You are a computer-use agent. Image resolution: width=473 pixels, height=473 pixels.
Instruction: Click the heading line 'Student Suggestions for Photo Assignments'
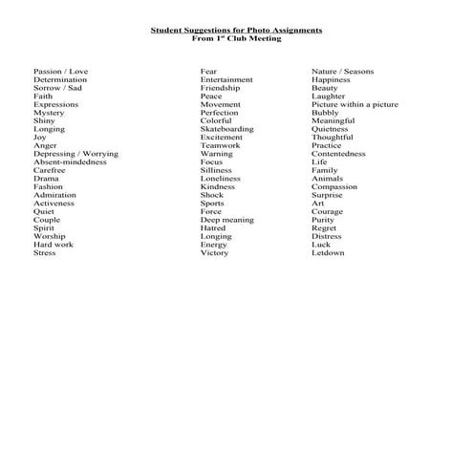[236, 31]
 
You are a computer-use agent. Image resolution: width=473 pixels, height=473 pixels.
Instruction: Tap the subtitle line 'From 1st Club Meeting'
[236, 39]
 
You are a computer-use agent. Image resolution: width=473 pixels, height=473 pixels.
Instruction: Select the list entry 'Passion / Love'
[60, 72]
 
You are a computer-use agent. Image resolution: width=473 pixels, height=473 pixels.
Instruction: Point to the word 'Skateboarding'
[227, 129]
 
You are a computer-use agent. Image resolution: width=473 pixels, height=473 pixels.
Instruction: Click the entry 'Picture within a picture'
[355, 104]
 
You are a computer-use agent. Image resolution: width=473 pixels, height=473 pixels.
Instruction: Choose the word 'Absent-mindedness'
[70, 162]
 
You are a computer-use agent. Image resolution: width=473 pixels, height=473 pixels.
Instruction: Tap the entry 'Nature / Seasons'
[342, 72]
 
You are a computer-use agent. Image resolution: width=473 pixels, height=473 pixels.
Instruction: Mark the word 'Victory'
[214, 253]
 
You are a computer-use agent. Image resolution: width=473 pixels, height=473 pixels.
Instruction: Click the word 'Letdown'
[328, 253]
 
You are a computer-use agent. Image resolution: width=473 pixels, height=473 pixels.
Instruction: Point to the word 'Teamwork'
[221, 145]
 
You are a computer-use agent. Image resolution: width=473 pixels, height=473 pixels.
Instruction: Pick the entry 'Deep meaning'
[226, 220]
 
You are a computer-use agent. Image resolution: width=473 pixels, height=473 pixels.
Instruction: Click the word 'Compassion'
[334, 187]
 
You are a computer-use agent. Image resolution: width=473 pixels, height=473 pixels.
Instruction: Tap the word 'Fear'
[208, 72]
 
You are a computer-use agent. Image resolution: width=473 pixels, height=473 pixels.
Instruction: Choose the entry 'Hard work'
[54, 245]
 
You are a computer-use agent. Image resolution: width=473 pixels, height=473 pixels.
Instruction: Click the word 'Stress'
[45, 253]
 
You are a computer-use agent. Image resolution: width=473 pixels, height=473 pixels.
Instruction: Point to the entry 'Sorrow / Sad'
[57, 88]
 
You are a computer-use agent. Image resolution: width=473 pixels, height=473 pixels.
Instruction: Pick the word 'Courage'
[327, 212]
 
